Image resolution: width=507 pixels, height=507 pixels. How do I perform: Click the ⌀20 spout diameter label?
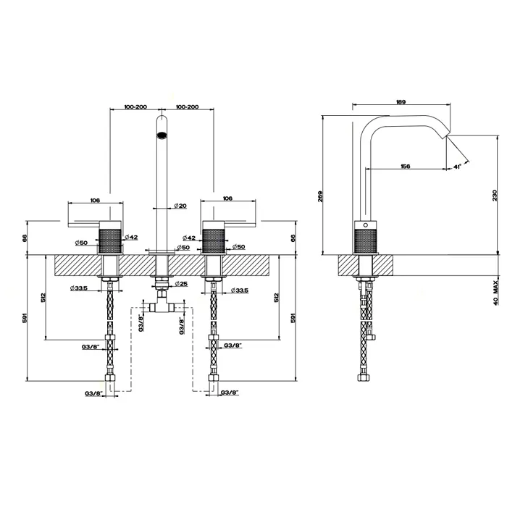point(180,206)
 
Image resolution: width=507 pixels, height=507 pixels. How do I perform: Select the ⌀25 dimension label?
point(181,284)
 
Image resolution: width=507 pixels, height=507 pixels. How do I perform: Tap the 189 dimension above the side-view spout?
point(401,102)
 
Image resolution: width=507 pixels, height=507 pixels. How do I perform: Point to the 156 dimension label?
point(405,166)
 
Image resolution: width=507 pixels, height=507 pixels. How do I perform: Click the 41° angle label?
point(457,167)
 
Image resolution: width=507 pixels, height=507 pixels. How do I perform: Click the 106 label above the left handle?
point(95,200)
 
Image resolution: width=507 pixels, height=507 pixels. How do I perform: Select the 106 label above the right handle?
point(227,198)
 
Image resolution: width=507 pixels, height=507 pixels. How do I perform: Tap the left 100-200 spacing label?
point(136,106)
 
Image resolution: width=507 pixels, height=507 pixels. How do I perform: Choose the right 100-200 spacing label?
point(187,106)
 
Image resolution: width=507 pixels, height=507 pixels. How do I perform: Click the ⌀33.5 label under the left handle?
point(79,288)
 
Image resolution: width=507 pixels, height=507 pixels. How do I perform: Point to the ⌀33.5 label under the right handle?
point(240,290)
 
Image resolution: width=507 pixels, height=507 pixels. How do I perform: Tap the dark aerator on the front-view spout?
point(162,135)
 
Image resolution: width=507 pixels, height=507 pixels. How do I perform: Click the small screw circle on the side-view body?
point(366,225)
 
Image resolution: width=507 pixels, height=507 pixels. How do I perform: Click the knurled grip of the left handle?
point(110,241)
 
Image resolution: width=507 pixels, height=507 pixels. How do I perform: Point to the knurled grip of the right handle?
point(214,241)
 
